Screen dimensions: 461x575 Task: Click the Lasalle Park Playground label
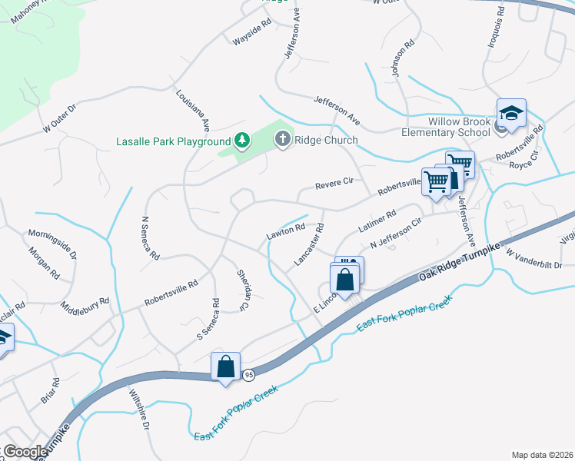(173, 141)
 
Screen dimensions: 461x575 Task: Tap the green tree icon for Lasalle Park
(242, 141)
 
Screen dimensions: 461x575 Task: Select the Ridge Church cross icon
(282, 140)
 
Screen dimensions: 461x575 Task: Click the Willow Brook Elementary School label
(460, 127)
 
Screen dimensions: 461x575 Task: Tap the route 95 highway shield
(248, 374)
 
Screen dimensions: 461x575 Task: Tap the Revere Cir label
(334, 183)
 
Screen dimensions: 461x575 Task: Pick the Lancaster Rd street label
(309, 245)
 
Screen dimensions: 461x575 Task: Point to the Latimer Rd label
(377, 224)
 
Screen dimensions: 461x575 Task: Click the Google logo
(25, 452)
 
